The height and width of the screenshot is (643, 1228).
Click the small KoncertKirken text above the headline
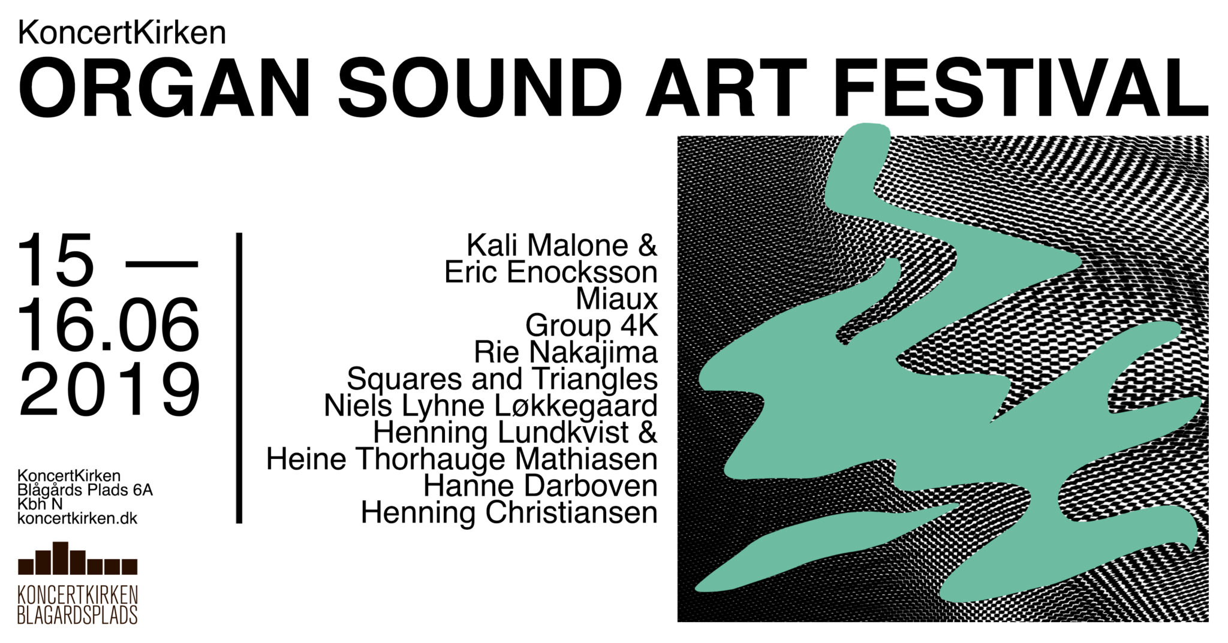coord(122,33)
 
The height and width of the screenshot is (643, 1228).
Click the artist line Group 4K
coord(591,325)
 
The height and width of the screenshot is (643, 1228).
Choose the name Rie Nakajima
coord(565,352)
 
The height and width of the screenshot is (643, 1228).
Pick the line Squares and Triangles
coord(502,379)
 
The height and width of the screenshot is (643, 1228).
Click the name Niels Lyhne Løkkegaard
coord(490,406)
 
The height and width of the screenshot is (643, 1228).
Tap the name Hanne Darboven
coord(540,486)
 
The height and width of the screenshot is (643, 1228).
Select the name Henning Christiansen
coord(509,513)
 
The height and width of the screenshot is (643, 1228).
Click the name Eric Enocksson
coord(550,272)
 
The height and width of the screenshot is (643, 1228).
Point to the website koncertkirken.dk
coord(78,518)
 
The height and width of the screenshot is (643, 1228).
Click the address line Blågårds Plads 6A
coord(85,490)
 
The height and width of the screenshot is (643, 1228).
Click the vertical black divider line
coord(239,378)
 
